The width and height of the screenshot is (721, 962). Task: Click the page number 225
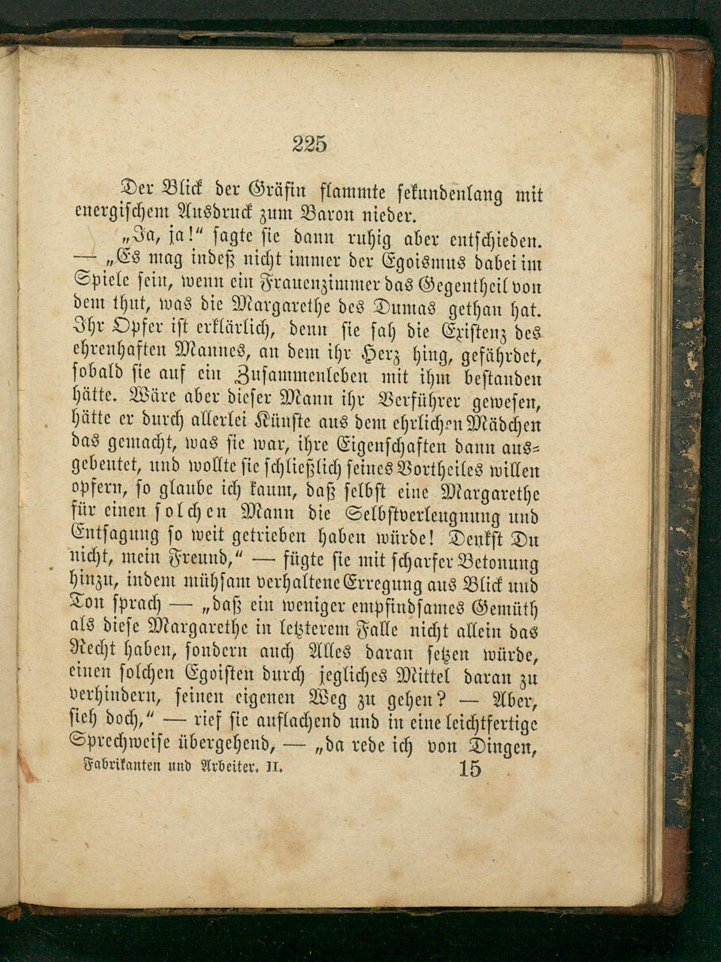tap(310, 144)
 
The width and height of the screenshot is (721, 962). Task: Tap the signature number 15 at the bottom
tap(470, 769)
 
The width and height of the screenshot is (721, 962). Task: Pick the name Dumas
tap(409, 309)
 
